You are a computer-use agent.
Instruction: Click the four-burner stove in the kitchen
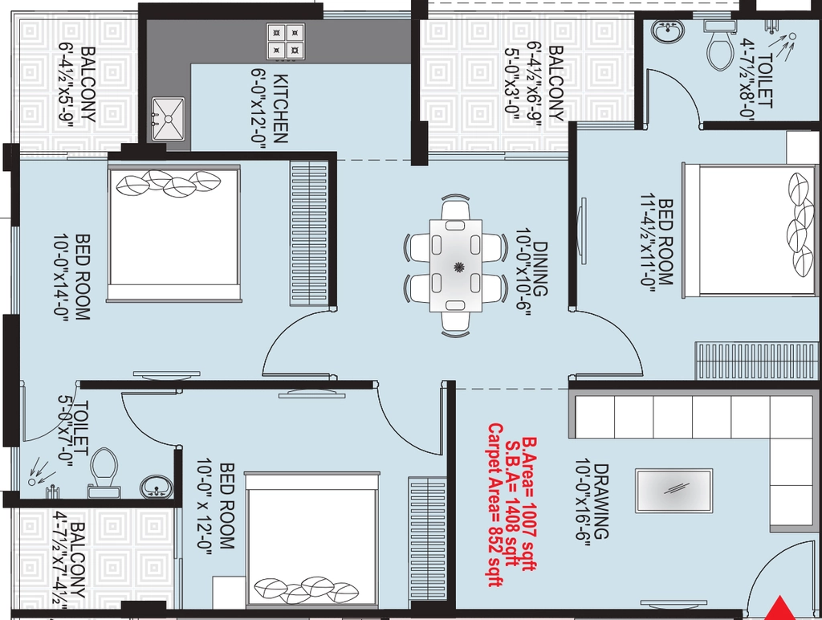click(x=286, y=42)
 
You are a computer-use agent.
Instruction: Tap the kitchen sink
click(x=169, y=119)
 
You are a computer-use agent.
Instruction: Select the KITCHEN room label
click(x=281, y=108)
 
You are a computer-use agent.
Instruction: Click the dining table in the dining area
click(x=456, y=266)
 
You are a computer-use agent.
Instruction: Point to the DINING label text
click(x=540, y=268)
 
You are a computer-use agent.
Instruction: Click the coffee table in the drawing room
click(x=673, y=491)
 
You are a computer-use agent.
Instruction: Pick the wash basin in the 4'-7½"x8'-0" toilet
click(x=669, y=31)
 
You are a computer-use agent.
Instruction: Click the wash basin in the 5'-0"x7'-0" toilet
click(x=157, y=486)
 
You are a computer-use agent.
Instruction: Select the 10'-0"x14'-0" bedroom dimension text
click(x=61, y=277)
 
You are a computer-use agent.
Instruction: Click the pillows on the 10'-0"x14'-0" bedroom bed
click(x=168, y=183)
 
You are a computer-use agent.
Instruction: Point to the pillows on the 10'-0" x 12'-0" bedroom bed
click(x=306, y=590)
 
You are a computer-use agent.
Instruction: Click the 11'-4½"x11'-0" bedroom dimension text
click(x=648, y=242)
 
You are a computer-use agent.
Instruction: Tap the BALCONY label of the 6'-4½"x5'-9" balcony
click(x=88, y=84)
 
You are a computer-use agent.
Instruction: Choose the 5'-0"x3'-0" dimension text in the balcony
click(x=512, y=84)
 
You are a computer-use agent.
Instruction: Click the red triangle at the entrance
click(x=782, y=610)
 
